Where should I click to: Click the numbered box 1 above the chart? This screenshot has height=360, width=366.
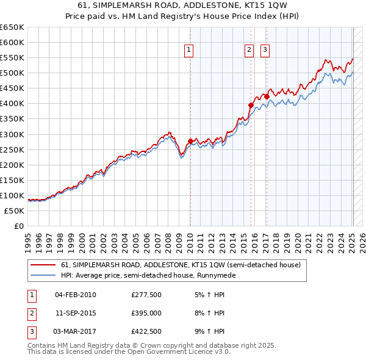click(189, 51)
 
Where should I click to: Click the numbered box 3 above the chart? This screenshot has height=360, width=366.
click(266, 51)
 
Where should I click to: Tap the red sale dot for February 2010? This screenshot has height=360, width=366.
click(190, 142)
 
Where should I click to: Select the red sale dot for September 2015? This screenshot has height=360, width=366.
click(251, 105)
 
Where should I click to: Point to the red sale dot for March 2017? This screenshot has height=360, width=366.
click(267, 96)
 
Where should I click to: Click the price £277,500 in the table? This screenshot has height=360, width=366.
click(146, 295)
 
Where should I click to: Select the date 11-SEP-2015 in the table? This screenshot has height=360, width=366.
click(76, 313)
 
